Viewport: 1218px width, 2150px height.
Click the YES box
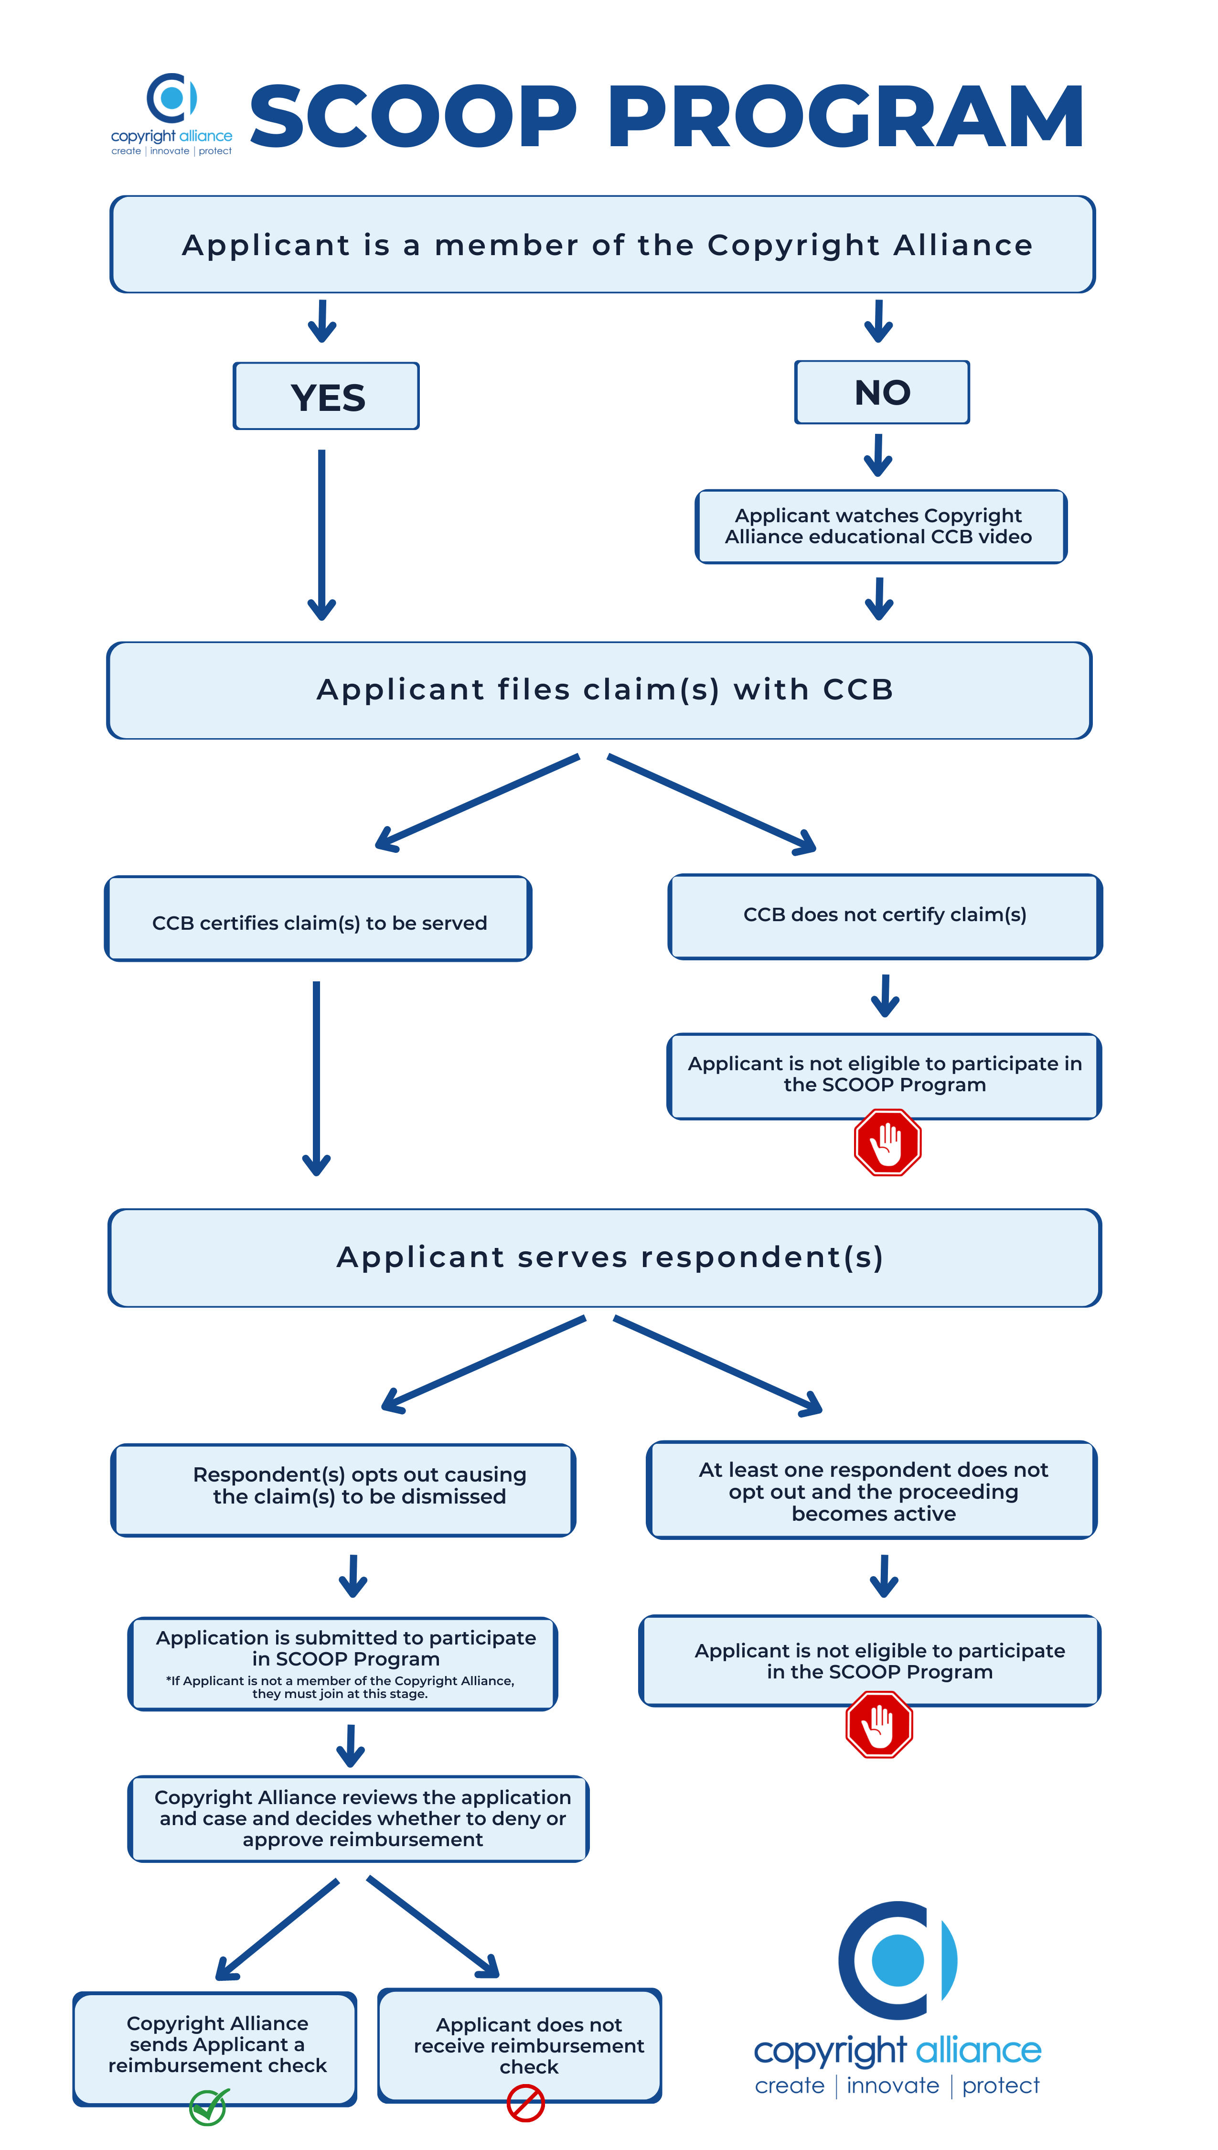(x=326, y=396)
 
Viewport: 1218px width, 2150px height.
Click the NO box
(x=882, y=392)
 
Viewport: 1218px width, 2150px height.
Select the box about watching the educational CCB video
(x=881, y=526)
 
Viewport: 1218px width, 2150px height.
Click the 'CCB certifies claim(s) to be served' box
(x=318, y=919)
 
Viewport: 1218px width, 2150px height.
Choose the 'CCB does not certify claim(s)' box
(x=885, y=916)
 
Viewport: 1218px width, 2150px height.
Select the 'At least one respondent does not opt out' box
(x=872, y=1490)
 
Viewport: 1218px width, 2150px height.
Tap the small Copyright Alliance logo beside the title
(x=171, y=114)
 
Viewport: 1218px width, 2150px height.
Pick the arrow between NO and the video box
(x=878, y=455)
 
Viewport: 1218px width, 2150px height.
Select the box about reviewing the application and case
(x=359, y=1818)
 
